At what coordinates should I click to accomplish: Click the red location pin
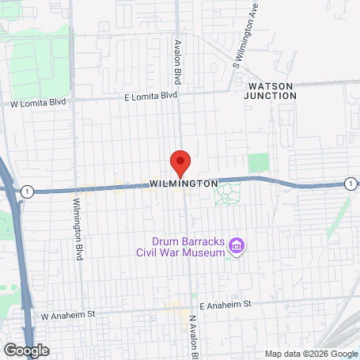point(180,162)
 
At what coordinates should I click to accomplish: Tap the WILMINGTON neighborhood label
point(183,184)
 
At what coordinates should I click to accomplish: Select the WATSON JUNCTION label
point(271,90)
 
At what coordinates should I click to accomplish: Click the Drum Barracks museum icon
point(235,248)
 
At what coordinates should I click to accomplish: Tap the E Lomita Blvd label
point(151,96)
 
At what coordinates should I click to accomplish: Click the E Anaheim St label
point(225,305)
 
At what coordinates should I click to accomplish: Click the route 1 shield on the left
point(28,191)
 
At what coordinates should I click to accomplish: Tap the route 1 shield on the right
point(350,184)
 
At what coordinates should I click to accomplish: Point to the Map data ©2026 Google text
point(310,354)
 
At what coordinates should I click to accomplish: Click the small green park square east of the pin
point(258,164)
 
